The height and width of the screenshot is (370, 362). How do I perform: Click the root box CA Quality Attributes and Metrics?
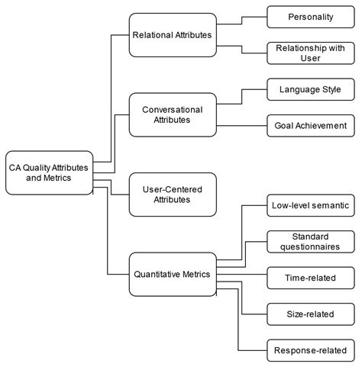click(48, 172)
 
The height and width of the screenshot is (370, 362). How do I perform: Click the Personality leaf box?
click(310, 16)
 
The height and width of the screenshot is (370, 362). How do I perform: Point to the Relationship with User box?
click(310, 53)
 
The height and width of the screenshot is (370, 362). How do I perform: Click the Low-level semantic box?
click(310, 204)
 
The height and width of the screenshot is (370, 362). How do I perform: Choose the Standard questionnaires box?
click(310, 241)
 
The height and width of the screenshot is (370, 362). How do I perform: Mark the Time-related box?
click(310, 278)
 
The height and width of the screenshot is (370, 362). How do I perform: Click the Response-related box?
click(310, 352)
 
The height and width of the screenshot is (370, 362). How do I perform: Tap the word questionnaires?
click(310, 247)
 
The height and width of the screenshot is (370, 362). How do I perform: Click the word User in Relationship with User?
click(310, 58)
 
